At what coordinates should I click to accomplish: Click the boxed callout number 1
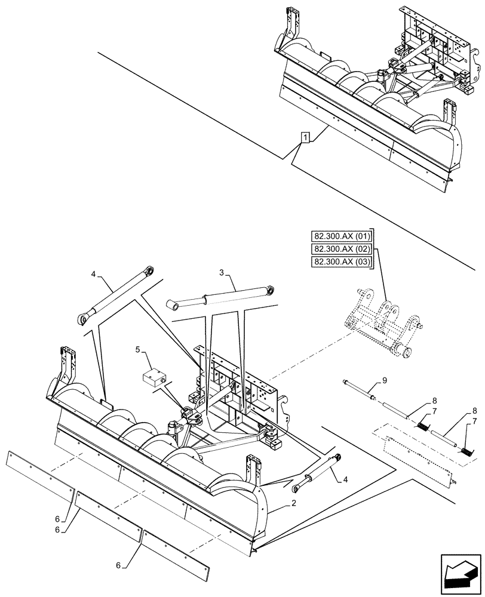(305, 139)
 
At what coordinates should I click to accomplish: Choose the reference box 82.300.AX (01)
(341, 236)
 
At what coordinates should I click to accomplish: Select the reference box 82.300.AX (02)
(341, 249)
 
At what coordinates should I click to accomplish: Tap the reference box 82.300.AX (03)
(341, 262)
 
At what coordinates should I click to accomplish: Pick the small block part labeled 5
(153, 378)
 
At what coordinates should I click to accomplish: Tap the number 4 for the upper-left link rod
(93, 275)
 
